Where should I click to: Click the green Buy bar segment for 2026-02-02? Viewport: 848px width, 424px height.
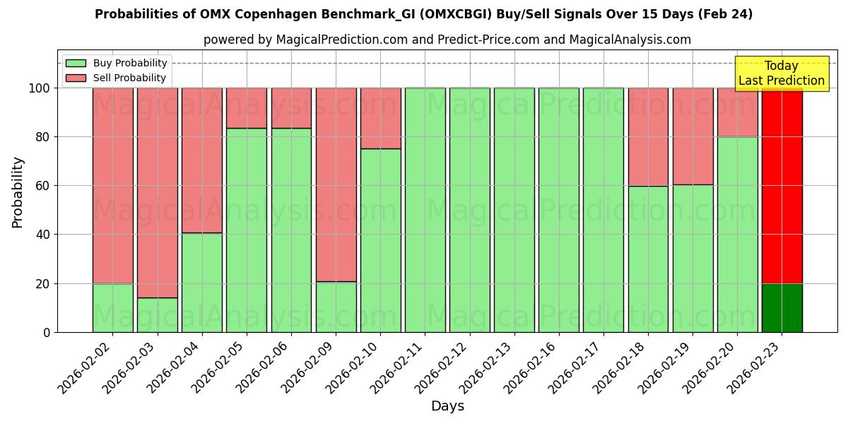(x=112, y=307)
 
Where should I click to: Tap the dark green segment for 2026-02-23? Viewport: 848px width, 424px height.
(x=782, y=307)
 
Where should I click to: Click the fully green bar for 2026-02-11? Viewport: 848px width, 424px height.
(x=425, y=210)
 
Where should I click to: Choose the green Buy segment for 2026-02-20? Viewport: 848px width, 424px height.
(x=737, y=234)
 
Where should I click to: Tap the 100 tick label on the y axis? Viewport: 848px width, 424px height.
(x=39, y=88)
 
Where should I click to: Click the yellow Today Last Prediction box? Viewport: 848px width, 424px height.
(x=781, y=73)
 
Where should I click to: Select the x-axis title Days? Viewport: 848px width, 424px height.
(x=447, y=406)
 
